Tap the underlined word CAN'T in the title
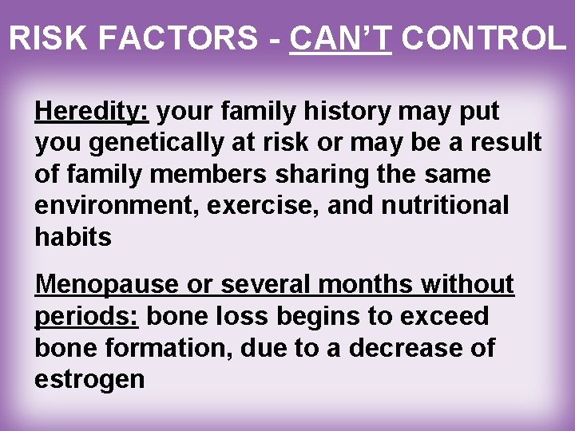340,38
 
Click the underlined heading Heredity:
91,112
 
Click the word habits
73,236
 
